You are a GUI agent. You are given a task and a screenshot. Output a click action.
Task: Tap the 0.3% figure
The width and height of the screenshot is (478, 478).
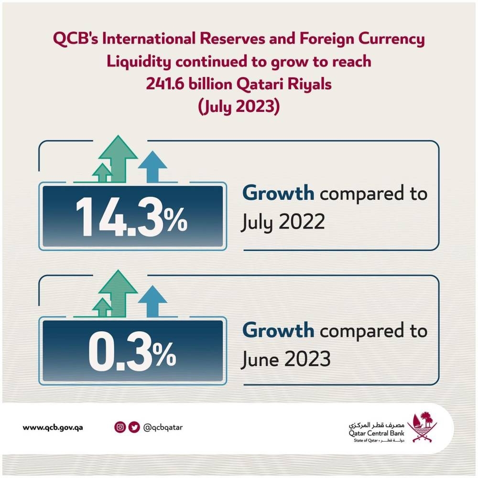tap(131, 351)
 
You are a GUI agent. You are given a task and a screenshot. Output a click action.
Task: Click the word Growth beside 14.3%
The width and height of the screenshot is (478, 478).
tap(278, 194)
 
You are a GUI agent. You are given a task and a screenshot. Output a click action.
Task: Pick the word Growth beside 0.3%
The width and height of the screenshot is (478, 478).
tap(278, 330)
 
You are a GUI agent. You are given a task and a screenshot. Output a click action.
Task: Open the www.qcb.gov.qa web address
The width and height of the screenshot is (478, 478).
tap(53, 427)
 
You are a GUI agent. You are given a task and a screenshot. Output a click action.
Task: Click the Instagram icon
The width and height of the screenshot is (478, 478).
tap(120, 427)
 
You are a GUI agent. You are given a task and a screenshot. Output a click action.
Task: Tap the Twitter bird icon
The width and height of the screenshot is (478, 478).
tap(133, 427)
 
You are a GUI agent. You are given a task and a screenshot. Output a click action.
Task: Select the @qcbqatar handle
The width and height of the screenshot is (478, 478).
tap(163, 427)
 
